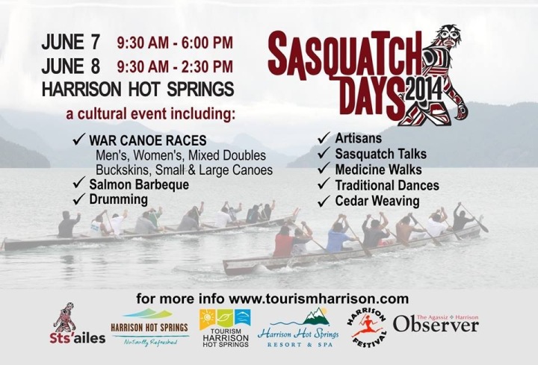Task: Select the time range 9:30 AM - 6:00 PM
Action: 175,43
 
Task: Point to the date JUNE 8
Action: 71,66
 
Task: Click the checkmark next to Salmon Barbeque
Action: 79,183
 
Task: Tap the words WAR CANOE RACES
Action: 148,140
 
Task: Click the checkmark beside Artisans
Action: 324,138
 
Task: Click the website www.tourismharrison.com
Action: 319,299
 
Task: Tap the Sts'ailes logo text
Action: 77,338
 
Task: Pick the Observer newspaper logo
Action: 436,324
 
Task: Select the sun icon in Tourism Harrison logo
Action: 207,317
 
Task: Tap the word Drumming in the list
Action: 118,199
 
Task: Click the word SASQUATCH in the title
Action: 344,54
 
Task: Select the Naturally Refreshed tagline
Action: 151,341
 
